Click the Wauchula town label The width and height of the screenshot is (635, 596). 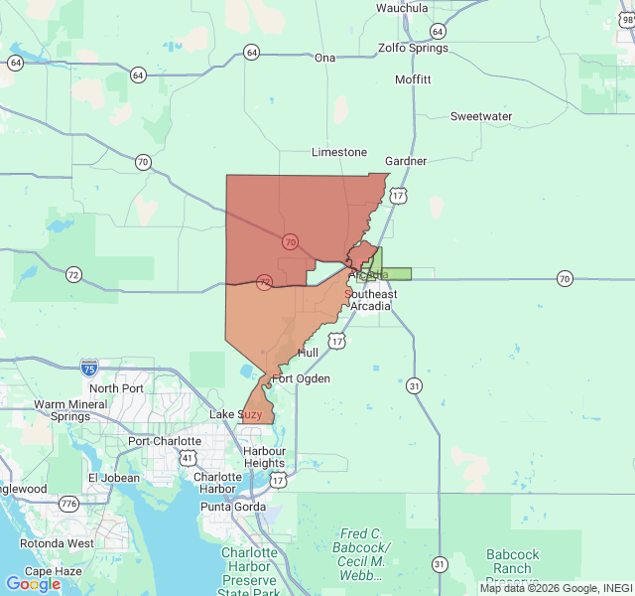pos(402,8)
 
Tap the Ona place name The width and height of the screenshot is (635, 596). pos(325,58)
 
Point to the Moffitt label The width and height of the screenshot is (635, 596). pos(413,79)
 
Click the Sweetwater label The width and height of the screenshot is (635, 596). pos(481,116)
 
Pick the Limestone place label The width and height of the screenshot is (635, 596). pos(339,153)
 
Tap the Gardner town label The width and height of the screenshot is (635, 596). pos(406,161)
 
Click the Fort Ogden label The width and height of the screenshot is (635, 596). pos(301,378)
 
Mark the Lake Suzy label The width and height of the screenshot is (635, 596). pos(236,414)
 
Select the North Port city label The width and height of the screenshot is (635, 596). pos(117,388)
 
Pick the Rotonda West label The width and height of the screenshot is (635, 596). pos(60,543)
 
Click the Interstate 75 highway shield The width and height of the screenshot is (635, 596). pos(88,368)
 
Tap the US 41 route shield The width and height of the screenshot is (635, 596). pos(188,458)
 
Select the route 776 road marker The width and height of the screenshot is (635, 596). pos(68,505)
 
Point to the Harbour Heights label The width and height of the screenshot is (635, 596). pos(264,457)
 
